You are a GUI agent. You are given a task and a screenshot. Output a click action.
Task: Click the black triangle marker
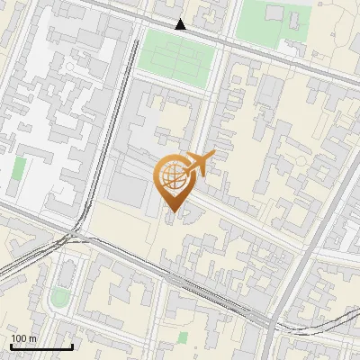pos(181,24)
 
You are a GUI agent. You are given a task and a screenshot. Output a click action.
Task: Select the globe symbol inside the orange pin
pos(172,175)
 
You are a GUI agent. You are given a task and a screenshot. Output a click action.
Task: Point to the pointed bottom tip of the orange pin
pos(172,212)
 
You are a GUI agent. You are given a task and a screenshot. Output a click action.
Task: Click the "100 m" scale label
pos(23,338)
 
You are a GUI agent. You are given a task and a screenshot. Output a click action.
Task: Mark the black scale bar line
pos(41,346)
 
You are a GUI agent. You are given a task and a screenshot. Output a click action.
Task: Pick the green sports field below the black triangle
pos(176,54)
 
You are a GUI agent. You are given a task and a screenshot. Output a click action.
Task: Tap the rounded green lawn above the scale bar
pos(59,296)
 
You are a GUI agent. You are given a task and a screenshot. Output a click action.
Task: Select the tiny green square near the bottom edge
pos(183,337)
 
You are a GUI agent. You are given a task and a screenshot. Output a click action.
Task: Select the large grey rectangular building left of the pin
pos(125,188)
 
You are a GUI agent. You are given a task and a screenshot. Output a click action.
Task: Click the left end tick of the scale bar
pos(11,346)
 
